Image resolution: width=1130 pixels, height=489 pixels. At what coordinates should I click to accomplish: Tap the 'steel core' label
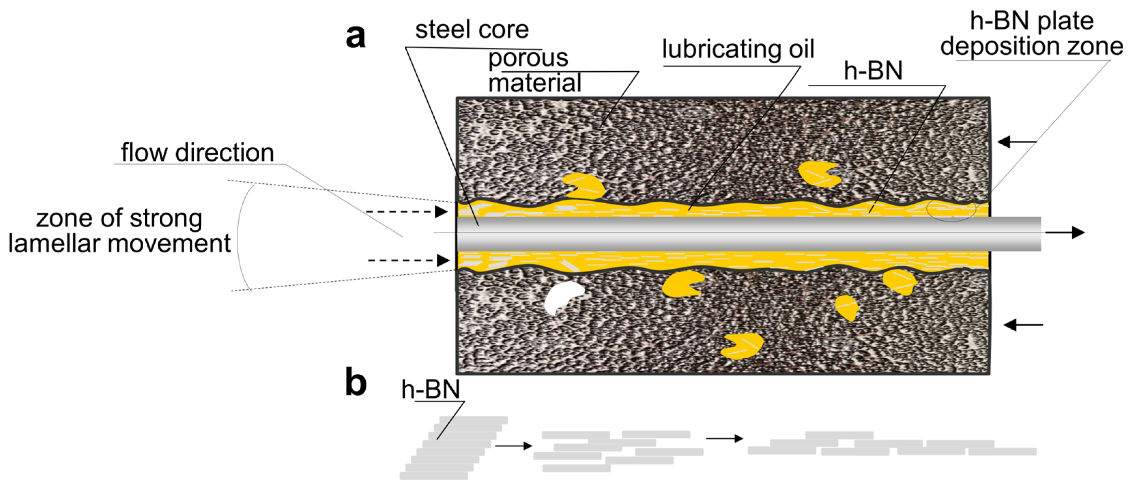coord(472,30)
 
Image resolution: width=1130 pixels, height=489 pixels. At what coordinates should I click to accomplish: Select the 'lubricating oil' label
coord(738,49)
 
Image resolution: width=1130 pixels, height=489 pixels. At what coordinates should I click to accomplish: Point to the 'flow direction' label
coord(198,153)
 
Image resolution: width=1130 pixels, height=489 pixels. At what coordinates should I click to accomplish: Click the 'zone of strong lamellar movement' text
coord(119,231)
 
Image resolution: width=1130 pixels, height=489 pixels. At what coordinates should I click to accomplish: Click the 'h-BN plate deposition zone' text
coord(1031,33)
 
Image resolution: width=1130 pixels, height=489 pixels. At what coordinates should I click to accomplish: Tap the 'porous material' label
coord(534,70)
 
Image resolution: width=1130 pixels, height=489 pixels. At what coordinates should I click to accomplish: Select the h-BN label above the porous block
coord(873,71)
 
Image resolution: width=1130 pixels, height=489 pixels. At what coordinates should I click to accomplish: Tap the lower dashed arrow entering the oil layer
coord(408,260)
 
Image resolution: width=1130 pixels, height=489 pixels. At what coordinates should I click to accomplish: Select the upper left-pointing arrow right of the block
coord(1016,142)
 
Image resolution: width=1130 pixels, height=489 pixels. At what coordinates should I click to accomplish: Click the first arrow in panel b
coord(513,446)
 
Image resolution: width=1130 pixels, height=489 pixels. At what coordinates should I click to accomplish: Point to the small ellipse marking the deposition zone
coord(951,211)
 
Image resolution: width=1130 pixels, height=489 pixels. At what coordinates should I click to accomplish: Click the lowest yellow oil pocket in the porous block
coord(743,346)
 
